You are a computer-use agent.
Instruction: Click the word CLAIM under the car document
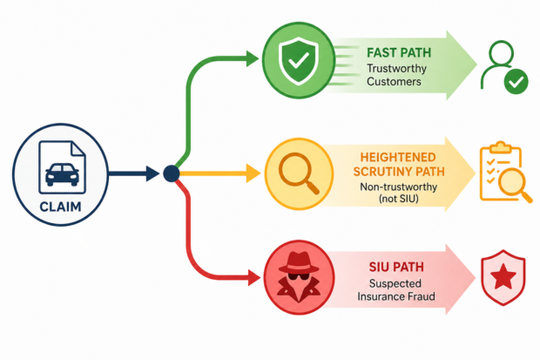pos(61,207)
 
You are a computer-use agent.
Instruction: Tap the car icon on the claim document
pos(62,174)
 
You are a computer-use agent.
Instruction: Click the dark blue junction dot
pos(172,173)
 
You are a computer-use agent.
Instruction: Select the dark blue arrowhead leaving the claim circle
pos(152,173)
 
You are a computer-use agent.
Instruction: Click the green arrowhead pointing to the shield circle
pos(253,58)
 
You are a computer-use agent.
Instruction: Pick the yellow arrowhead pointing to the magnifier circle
pos(253,173)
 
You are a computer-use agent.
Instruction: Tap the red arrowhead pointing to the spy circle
pos(254,278)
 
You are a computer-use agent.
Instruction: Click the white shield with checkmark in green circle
pos(298,61)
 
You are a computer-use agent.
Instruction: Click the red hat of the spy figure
pos(299,262)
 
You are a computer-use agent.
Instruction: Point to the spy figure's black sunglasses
pos(298,276)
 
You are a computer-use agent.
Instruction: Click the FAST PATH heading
pos(399,53)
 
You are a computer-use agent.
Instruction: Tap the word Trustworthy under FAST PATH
pos(397,68)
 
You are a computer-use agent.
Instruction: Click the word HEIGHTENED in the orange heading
pos(398,157)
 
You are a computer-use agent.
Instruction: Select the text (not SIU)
pos(398,199)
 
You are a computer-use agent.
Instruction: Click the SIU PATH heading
pos(396,267)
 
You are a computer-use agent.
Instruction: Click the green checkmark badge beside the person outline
pos(516,81)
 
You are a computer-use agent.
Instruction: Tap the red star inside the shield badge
pos(503,276)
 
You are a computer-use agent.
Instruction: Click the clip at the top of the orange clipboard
pos(501,147)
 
